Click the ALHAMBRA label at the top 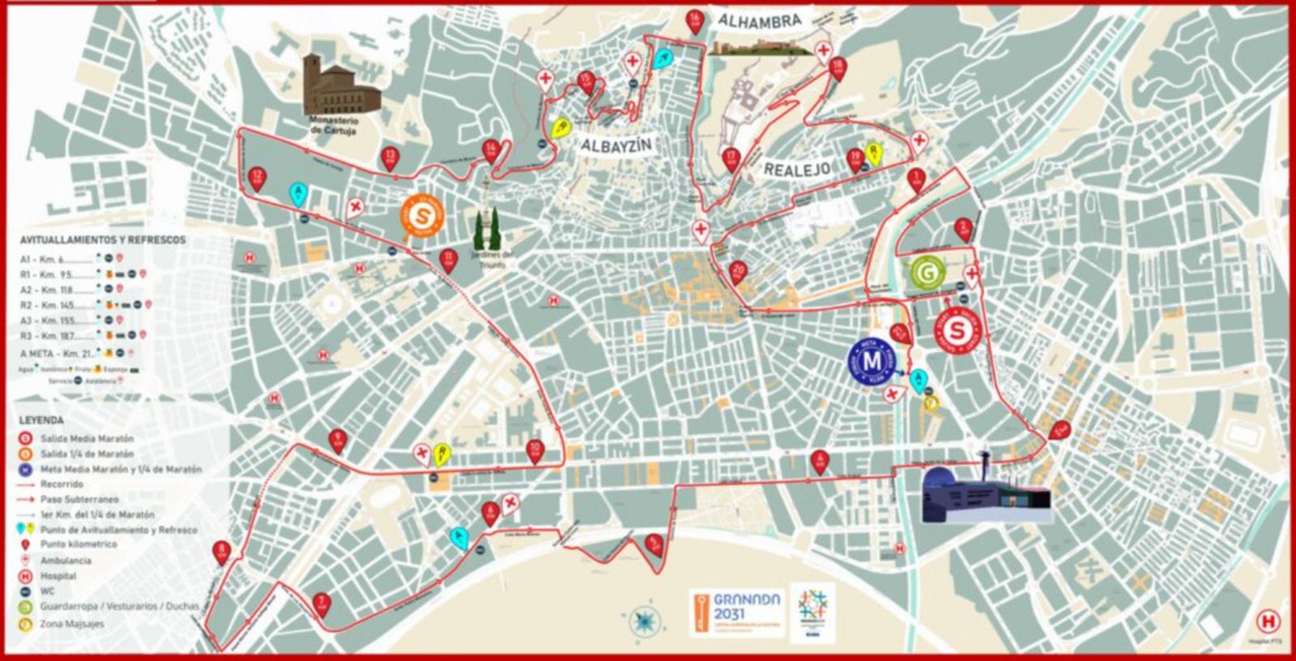pos(759,22)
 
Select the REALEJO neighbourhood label pos(797,169)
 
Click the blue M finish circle pos(872,360)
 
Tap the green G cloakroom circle pos(927,273)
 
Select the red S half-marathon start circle pos(957,330)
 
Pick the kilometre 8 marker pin pos(223,552)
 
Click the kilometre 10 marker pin pos(535,450)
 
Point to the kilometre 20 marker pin pos(736,271)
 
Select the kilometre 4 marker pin pos(820,460)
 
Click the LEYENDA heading pos(42,421)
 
